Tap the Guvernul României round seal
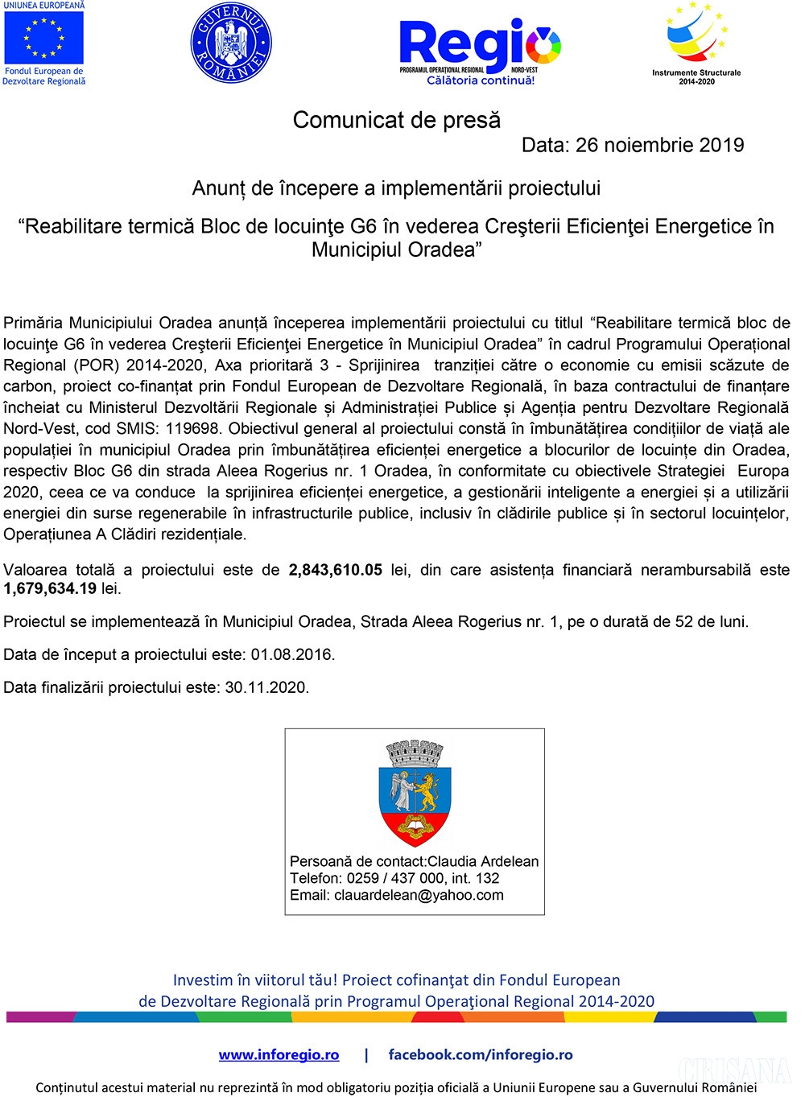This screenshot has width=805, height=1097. point(231,44)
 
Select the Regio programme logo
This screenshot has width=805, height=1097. point(480,44)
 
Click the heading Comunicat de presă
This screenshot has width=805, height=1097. point(396,120)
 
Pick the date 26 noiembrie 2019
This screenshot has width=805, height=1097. point(659,145)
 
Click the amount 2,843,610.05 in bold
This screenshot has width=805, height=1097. point(336,570)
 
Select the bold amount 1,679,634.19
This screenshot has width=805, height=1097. point(50,588)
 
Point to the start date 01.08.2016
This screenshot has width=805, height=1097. point(291,654)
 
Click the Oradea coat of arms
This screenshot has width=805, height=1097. point(415,793)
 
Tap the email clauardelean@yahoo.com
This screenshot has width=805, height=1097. point(419,895)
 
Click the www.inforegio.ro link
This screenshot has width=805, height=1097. point(279,1054)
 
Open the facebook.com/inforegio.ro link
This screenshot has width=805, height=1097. point(481,1054)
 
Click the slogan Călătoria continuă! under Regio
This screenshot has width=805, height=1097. point(481,80)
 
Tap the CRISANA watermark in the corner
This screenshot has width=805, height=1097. point(735,1070)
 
